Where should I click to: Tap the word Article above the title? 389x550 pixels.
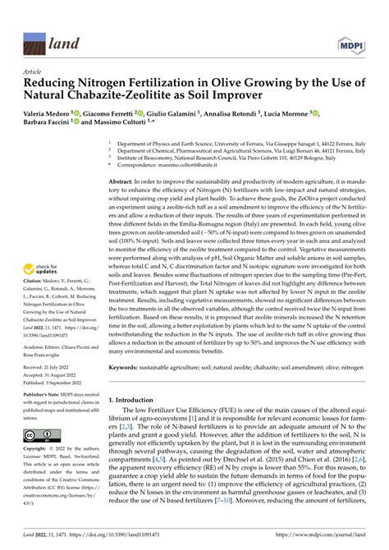tap(34, 72)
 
